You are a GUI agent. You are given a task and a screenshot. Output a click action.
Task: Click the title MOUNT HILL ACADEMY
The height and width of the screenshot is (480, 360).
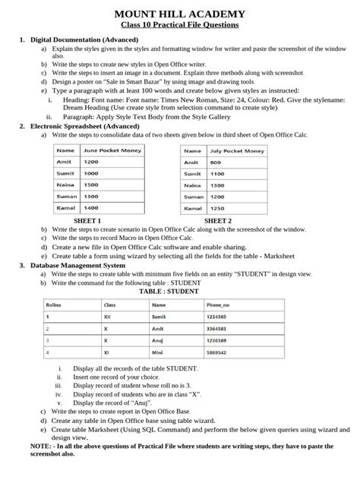[180, 14]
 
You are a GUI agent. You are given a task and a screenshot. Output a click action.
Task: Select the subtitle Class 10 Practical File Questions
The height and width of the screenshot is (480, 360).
[180, 25]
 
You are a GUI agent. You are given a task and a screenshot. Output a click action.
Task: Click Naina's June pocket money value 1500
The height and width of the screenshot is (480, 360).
[92, 185]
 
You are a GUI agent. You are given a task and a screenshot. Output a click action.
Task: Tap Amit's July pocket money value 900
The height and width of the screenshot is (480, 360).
[215, 163]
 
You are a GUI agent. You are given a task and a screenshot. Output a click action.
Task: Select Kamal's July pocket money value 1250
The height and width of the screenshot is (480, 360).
[216, 207]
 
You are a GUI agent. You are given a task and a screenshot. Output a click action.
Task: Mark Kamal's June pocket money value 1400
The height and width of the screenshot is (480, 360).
[92, 207]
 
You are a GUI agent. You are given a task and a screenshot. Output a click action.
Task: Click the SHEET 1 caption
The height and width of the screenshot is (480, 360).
[88, 220]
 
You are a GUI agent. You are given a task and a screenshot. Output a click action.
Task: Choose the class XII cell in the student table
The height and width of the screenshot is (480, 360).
[108, 317]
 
